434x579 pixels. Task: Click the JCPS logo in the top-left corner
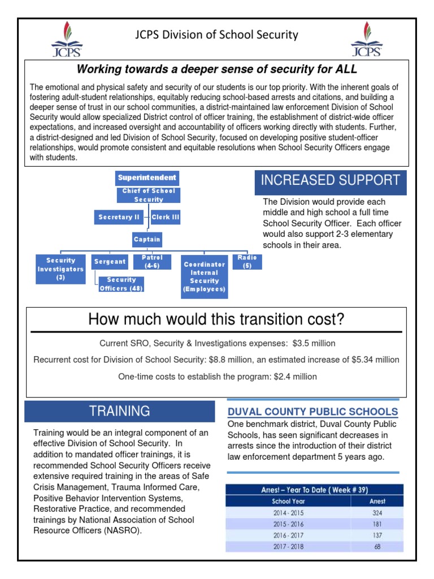[67, 39]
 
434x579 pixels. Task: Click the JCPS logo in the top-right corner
[366, 39]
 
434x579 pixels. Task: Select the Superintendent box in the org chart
[147, 178]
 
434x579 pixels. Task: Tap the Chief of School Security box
[149, 195]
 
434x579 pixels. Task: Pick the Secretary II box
[119, 217]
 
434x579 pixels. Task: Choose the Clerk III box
[166, 217]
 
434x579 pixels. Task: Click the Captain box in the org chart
[147, 239]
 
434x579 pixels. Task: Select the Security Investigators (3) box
[60, 269]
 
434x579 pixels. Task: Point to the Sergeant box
[110, 262]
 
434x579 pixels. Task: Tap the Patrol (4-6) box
[152, 262]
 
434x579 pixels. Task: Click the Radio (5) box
[247, 262]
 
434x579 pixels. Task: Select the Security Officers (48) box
[121, 284]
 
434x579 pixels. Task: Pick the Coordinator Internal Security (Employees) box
[205, 277]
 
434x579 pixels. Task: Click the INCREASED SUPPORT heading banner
[331, 181]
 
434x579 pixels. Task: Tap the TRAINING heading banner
[119, 411]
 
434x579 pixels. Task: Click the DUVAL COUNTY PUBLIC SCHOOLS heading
[312, 412]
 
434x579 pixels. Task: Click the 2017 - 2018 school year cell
[288, 547]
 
